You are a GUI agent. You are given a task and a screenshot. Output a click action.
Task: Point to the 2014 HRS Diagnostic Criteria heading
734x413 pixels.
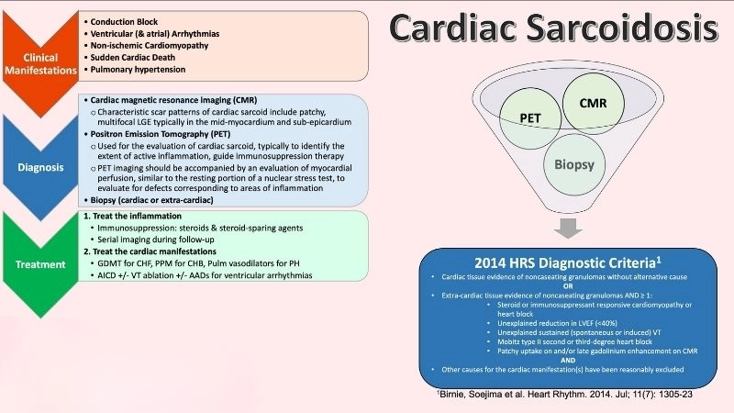tap(561, 259)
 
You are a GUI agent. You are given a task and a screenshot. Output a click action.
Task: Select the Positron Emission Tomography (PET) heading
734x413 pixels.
tap(165, 131)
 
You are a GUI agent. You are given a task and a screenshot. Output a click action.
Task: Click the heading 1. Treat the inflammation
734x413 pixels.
tap(134, 216)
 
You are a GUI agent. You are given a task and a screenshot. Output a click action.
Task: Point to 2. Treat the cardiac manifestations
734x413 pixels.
tap(155, 251)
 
